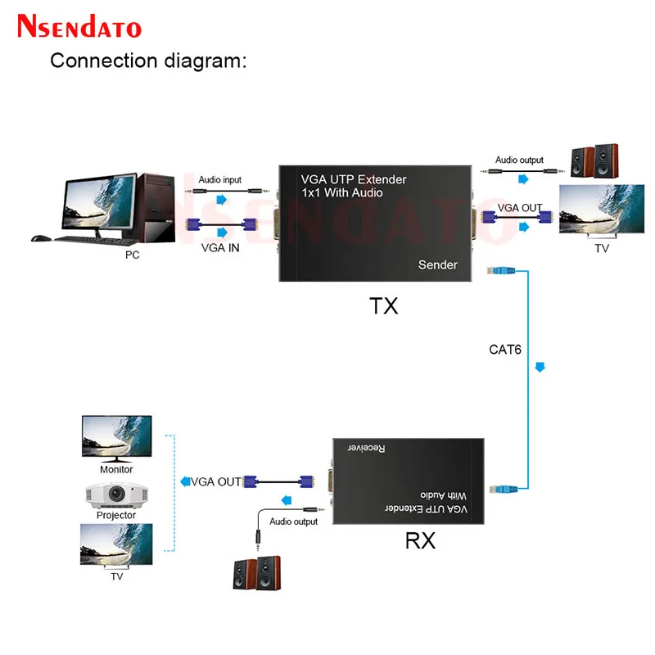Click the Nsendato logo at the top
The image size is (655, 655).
click(79, 26)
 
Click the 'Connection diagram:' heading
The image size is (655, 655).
click(148, 61)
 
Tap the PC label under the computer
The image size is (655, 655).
click(133, 255)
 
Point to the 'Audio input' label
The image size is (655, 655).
click(220, 179)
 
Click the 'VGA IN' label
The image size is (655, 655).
click(220, 248)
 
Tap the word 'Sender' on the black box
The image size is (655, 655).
click(438, 264)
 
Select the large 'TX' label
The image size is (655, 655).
click(383, 306)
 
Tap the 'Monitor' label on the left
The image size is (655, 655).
click(116, 470)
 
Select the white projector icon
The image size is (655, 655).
click(116, 495)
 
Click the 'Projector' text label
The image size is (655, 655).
click(116, 515)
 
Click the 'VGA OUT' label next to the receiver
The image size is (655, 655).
click(216, 481)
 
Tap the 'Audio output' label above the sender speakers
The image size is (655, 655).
click(519, 160)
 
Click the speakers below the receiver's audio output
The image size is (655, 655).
click(255, 573)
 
